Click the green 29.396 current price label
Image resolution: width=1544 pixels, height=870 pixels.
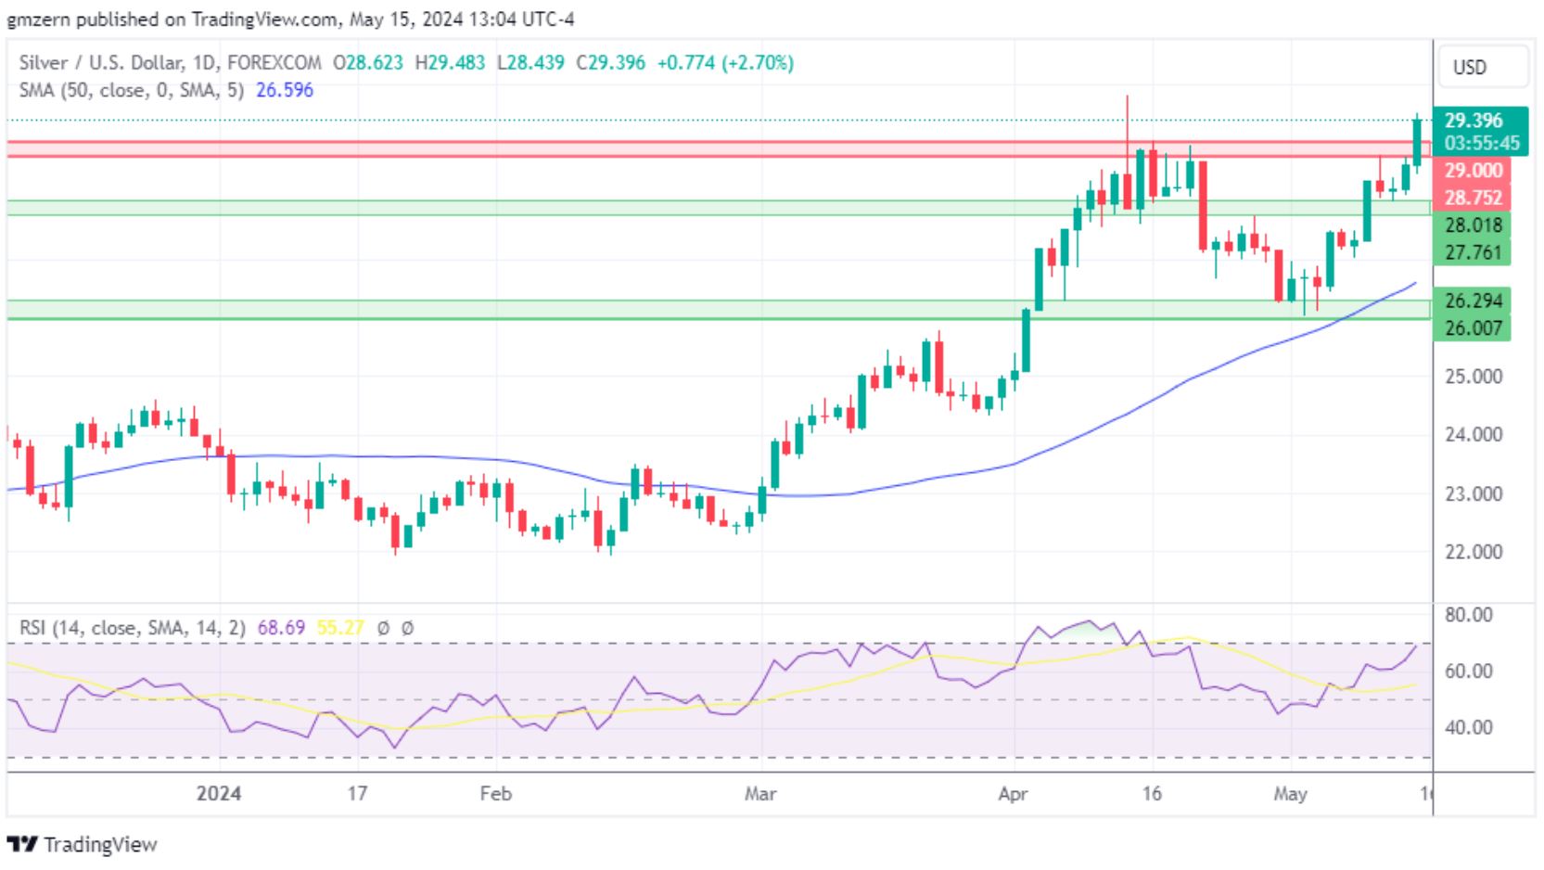(x=1473, y=121)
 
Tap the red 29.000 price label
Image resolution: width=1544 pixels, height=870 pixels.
(x=1473, y=171)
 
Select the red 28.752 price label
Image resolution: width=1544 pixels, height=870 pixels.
(x=1473, y=198)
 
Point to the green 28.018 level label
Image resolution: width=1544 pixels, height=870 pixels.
(x=1473, y=225)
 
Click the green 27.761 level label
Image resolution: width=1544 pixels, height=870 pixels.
(x=1473, y=252)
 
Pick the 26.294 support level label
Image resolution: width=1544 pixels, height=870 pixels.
(x=1473, y=301)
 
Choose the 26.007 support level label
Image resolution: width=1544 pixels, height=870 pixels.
(x=1473, y=327)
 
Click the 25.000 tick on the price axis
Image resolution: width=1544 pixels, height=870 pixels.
(x=1473, y=377)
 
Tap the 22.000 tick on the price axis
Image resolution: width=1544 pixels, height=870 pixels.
(x=1473, y=552)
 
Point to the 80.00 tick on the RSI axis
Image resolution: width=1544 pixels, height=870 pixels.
(x=1470, y=615)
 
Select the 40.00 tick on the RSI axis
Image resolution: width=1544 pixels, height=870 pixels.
(x=1470, y=727)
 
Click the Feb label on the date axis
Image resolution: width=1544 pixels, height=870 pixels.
(x=495, y=794)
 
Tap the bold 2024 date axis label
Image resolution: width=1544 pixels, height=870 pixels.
(x=220, y=794)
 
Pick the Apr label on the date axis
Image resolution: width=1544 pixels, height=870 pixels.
(x=1013, y=794)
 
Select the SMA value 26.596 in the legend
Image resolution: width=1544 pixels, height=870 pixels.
(x=285, y=90)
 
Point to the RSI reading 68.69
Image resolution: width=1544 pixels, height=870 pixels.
(x=281, y=628)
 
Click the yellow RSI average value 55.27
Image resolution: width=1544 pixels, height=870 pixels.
(x=339, y=628)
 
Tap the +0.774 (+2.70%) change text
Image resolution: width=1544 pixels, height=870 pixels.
(x=725, y=63)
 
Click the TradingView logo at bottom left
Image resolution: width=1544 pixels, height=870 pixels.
(x=83, y=845)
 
